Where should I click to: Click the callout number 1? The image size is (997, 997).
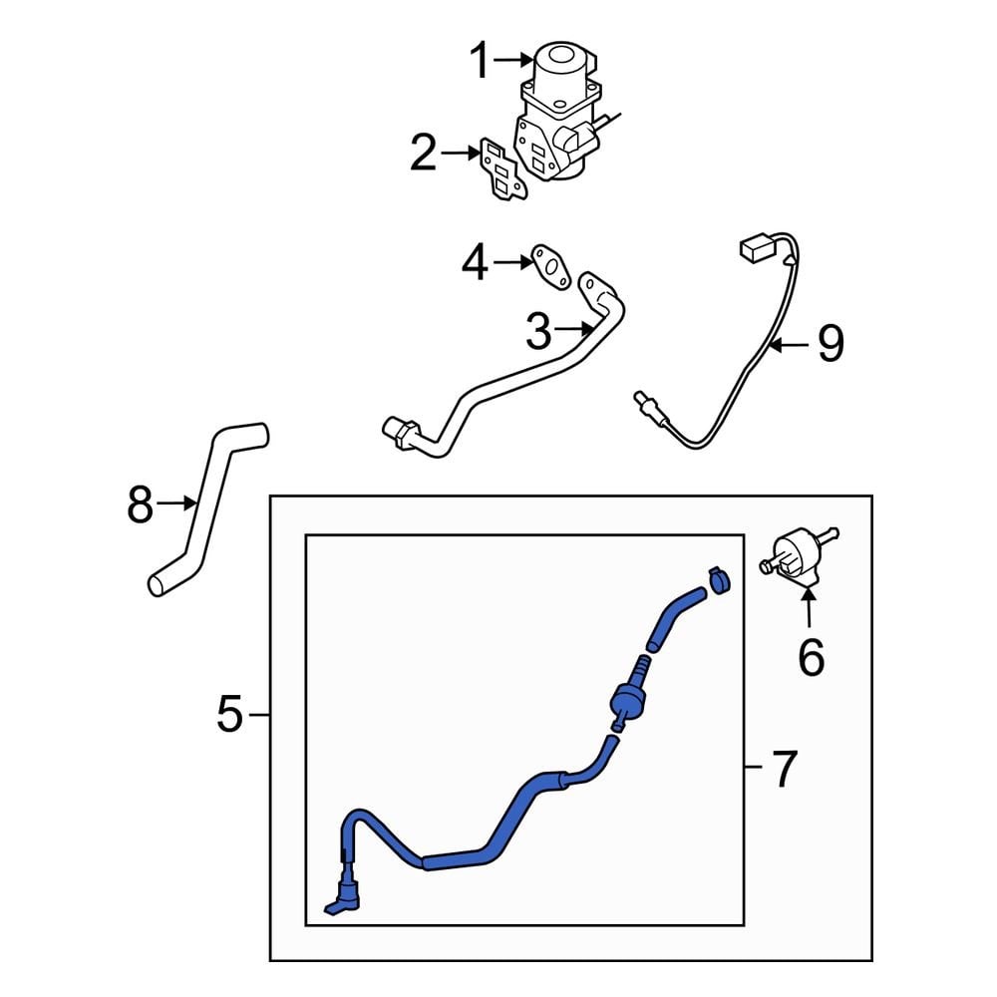coord(481,60)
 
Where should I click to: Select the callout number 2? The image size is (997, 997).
coord(424,153)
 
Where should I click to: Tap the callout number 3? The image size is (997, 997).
coord(538,331)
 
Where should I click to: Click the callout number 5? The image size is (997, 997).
coord(230,714)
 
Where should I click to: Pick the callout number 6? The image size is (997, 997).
coord(811,657)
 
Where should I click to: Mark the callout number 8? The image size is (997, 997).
coord(140,503)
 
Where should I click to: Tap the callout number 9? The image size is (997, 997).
coord(831,344)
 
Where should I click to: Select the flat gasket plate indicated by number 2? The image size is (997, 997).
coord(502,168)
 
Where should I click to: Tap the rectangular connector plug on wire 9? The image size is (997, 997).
coord(755,247)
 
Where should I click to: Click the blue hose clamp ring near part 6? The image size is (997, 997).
coord(719,579)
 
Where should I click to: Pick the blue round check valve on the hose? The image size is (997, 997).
coord(627,700)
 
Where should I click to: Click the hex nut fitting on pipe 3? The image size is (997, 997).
coord(401,433)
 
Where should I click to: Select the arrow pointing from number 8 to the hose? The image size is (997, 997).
coord(176,503)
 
